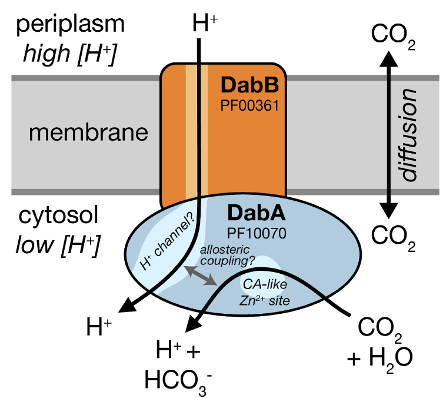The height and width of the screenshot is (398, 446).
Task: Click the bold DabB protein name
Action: pyautogui.click(x=249, y=85)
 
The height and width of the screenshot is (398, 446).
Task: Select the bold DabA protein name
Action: pyautogui.click(x=257, y=213)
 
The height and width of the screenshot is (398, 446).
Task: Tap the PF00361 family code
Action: pyautogui.click(x=249, y=106)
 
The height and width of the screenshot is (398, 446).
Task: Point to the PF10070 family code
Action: pyautogui.click(x=257, y=234)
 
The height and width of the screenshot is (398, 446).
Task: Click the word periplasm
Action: pyautogui.click(x=71, y=25)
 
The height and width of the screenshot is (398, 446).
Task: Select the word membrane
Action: pyautogui.click(x=88, y=132)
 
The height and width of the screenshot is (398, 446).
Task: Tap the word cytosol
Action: pyautogui.click(x=58, y=216)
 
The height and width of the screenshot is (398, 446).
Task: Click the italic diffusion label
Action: pyautogui.click(x=407, y=134)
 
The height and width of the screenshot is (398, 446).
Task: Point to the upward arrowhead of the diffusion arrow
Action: pyautogui.click(x=388, y=58)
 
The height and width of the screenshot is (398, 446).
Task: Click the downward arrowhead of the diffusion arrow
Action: pyautogui.click(x=388, y=211)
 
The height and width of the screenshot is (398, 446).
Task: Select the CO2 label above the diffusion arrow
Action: pyautogui.click(x=393, y=37)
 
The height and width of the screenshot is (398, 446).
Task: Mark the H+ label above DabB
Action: pyautogui.click(x=205, y=23)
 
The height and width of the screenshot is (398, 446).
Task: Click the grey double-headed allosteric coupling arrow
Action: pyautogui.click(x=200, y=276)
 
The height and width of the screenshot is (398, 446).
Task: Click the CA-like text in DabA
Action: pyautogui.click(x=265, y=284)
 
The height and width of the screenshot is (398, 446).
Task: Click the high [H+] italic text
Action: pyautogui.click(x=70, y=54)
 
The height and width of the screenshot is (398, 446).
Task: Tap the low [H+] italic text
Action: pyautogui.click(x=58, y=246)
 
